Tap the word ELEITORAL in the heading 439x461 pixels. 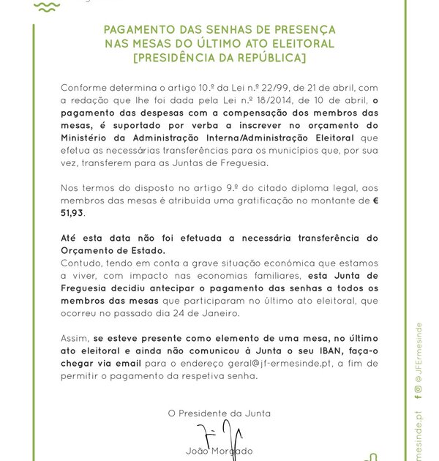(x=302, y=44)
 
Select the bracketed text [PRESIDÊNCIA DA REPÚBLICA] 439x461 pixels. (x=219, y=58)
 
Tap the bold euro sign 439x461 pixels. (x=375, y=200)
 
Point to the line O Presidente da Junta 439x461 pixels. (x=219, y=413)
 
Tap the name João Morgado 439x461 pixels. (x=219, y=451)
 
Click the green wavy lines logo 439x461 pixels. (x=47, y=7)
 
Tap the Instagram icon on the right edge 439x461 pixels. (x=418, y=389)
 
